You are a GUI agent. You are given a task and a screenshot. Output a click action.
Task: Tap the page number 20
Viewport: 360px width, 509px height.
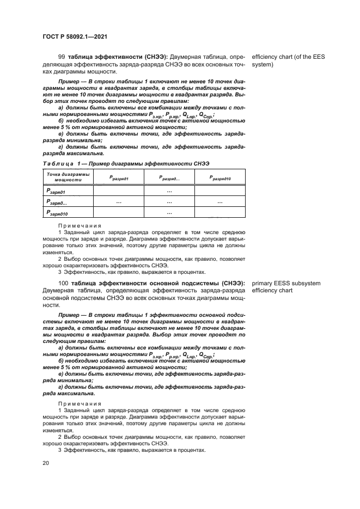coord(45,463)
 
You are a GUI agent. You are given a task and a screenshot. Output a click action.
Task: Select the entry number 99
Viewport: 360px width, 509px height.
coord(61,57)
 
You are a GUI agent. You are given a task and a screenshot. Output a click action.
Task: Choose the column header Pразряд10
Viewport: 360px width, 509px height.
coord(220,177)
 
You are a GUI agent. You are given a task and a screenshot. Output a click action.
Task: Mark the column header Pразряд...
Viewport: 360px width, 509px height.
coord(169,177)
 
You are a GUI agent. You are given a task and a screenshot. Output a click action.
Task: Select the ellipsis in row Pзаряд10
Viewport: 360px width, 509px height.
coord(169,212)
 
